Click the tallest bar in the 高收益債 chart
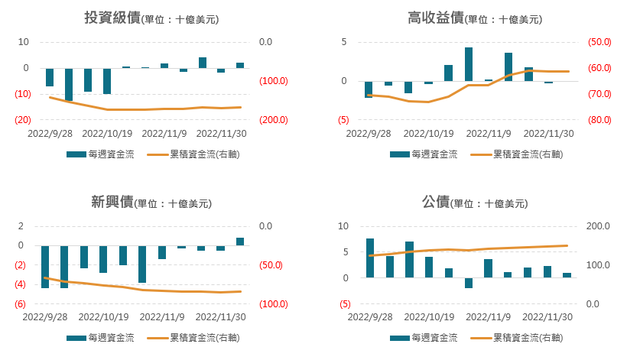[469, 64]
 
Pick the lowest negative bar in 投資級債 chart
[69, 85]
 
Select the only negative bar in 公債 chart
[469, 283]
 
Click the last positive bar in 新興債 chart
[240, 242]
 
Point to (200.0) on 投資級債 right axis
[272, 120]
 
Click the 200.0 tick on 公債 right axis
[596, 226]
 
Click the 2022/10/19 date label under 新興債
[103, 316]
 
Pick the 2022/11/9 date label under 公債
[488, 316]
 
